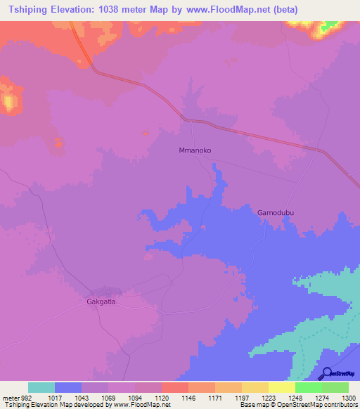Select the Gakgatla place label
101,302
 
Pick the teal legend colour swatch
41,387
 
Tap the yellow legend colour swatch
282,387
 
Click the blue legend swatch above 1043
68,387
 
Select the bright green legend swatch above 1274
309,387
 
